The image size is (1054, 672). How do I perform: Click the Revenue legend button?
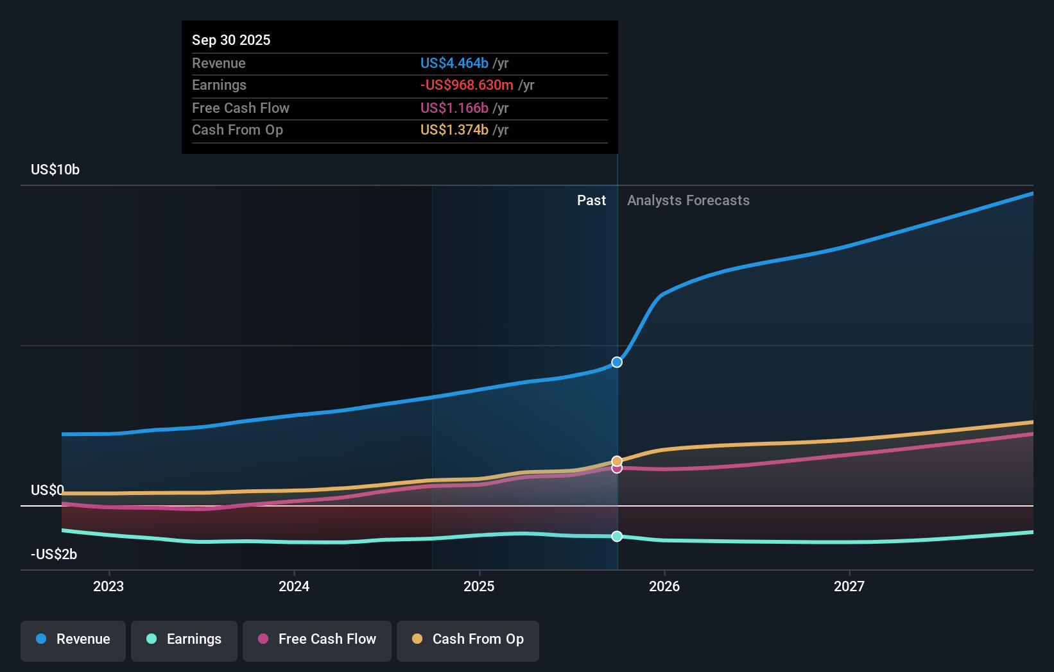[x=73, y=640]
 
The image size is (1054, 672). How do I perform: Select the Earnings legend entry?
[x=184, y=640]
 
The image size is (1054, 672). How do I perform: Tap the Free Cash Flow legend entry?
[x=317, y=640]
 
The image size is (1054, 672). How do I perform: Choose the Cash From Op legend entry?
[x=468, y=640]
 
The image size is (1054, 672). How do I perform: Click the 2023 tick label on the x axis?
[x=108, y=586]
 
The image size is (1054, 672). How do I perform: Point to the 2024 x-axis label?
[x=294, y=586]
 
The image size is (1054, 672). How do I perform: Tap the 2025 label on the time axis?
[x=479, y=586]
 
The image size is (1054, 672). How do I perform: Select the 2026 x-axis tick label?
[x=664, y=586]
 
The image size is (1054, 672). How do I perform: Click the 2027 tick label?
[x=849, y=586]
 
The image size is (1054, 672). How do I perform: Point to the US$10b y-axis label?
[x=55, y=170]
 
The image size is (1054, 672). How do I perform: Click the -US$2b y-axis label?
[x=54, y=555]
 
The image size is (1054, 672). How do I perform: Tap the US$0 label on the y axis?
[x=48, y=491]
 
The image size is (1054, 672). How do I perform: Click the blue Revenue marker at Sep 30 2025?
[x=617, y=362]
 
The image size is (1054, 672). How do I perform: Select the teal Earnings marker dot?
[x=617, y=536]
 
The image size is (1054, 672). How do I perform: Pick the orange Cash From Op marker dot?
[x=617, y=461]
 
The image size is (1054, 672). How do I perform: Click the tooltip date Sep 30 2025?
[x=231, y=40]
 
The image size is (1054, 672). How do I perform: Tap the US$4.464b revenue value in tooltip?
[x=454, y=63]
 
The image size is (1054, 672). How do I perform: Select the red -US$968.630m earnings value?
[x=467, y=85]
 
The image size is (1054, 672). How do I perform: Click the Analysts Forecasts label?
[x=688, y=201]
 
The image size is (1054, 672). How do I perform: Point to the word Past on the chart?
[x=591, y=201]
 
